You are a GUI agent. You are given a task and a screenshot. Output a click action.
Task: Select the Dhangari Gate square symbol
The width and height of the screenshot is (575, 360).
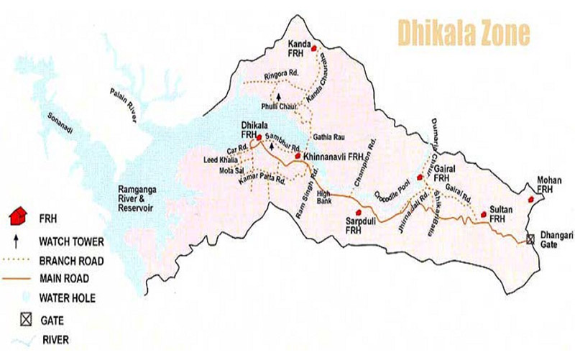pos(530,239)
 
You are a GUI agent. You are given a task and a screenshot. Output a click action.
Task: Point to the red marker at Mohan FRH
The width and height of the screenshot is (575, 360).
pos(531,198)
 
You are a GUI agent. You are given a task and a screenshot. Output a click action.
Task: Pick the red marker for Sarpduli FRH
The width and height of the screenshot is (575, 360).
pos(353,213)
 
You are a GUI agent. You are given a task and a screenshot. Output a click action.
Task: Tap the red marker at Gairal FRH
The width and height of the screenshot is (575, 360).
pos(420,176)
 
